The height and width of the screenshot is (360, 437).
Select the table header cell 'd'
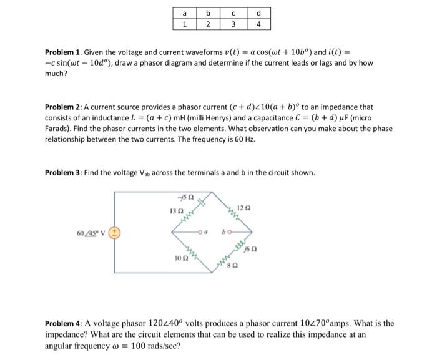pyautogui.click(x=258, y=14)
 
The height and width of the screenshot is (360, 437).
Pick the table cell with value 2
pyautogui.click(x=209, y=25)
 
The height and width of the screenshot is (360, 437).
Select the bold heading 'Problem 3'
pyautogui.click(x=60, y=172)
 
